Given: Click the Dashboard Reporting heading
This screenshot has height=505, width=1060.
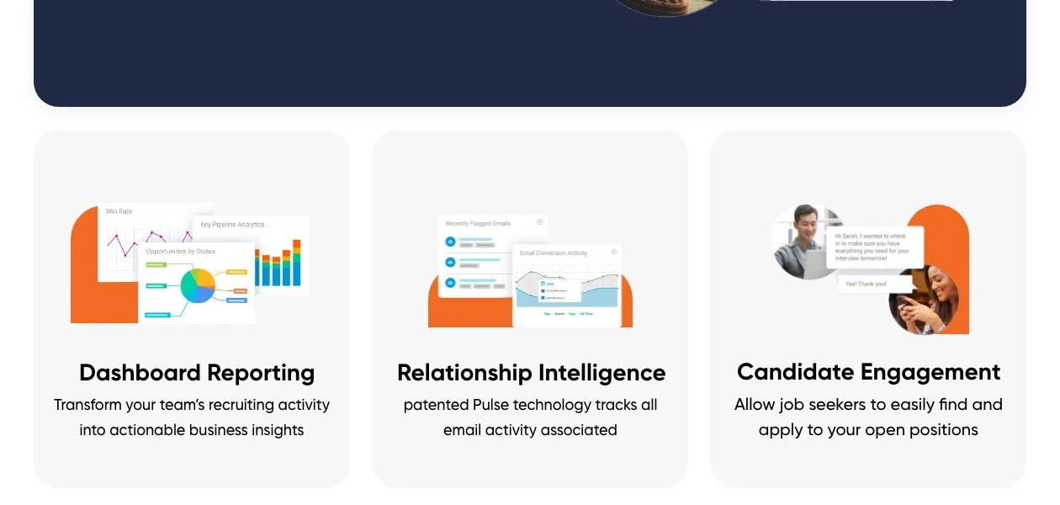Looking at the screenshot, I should (197, 373).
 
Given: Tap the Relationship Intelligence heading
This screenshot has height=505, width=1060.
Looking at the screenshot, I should (531, 373).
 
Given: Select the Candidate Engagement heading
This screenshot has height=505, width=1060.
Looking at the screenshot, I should (868, 372).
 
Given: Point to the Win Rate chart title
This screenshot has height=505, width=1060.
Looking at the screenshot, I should (119, 211).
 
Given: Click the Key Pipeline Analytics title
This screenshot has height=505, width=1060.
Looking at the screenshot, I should (232, 225).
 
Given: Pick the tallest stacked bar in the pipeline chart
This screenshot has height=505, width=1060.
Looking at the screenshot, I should (296, 263).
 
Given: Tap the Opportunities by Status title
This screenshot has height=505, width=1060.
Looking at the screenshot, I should (180, 251).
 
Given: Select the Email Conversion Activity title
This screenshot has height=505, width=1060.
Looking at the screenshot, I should (553, 252).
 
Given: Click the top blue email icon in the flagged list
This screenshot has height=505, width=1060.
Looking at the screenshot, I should (450, 242).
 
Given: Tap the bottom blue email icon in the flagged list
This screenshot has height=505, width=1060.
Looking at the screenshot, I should (450, 283).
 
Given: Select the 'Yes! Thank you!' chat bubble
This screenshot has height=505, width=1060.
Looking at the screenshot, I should (866, 284).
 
